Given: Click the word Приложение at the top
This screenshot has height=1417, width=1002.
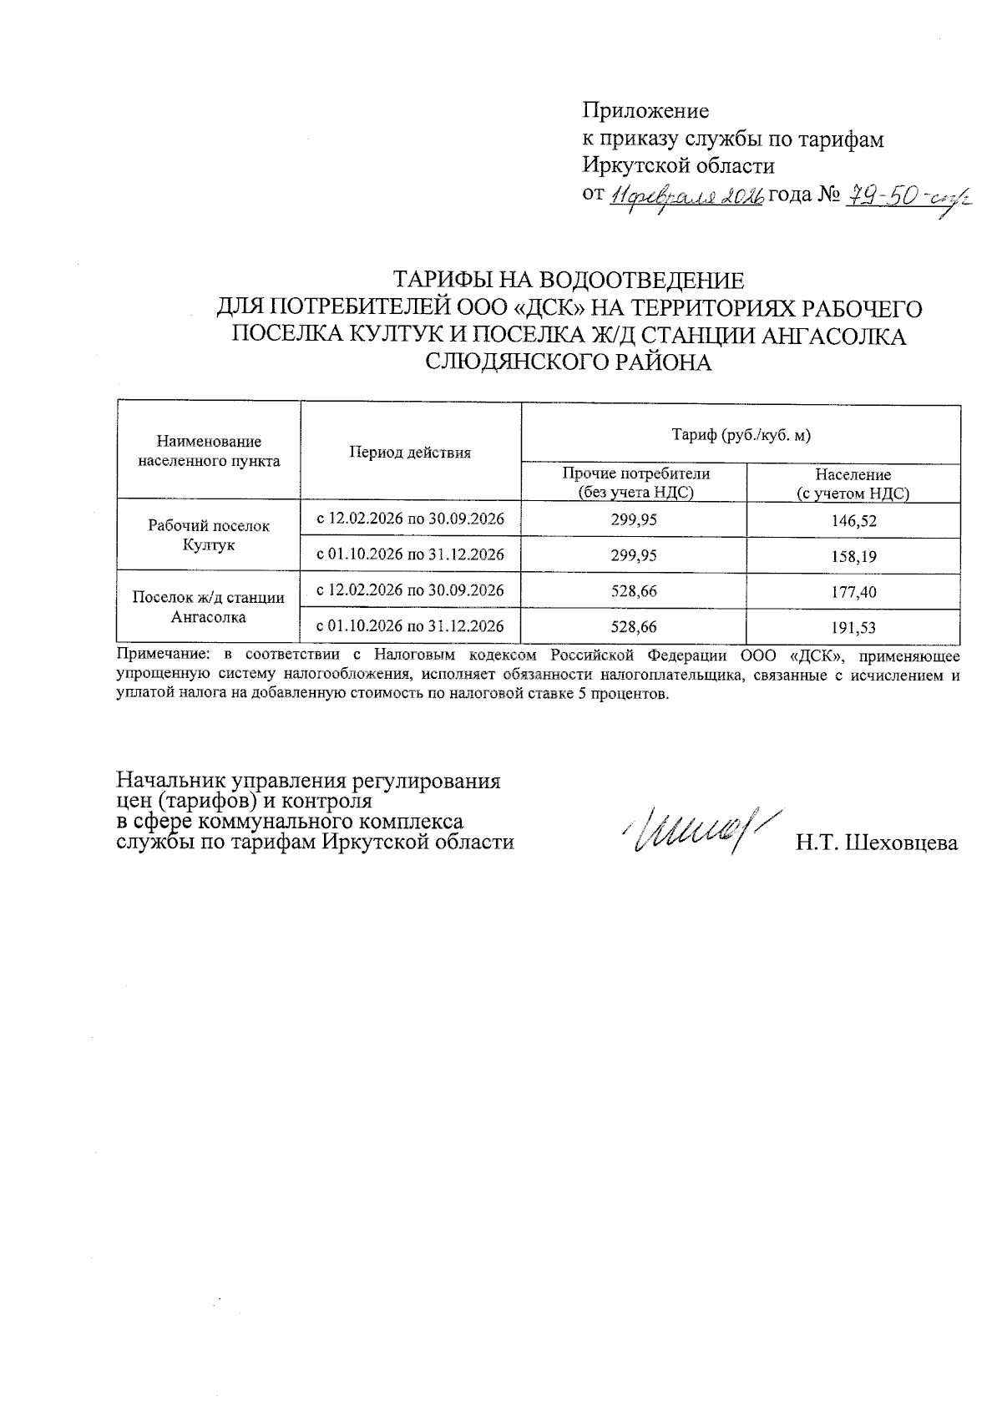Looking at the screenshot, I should point(645,110).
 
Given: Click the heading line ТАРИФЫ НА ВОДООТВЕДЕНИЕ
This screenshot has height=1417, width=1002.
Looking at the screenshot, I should point(569,279).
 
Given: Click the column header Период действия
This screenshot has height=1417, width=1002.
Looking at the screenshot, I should point(410,453).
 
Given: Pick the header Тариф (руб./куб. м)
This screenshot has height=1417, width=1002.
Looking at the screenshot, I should point(741,434).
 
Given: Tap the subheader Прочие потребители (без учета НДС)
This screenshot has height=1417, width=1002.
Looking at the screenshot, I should point(635,483).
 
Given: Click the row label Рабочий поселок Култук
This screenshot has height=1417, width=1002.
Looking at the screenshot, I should point(209,535).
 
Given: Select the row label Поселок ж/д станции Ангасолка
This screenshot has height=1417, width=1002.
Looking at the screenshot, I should point(209,608).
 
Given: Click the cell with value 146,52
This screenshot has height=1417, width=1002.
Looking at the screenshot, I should point(853,520).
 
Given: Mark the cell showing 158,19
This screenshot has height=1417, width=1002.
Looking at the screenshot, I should point(853,556).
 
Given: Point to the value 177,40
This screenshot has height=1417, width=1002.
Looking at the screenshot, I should point(853,592).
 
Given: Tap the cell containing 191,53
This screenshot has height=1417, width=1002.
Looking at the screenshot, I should point(853,627).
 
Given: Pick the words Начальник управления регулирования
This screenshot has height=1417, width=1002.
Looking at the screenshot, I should point(308,782).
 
